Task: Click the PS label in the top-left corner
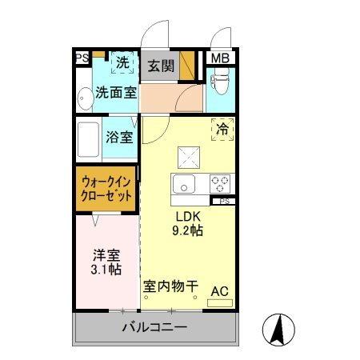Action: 81,58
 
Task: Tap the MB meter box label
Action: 217,58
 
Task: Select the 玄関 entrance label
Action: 161,65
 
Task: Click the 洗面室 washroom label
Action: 115,92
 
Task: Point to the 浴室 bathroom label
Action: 120,136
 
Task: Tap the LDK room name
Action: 188,215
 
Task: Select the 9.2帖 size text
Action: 189,230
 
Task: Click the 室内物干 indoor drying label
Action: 170,286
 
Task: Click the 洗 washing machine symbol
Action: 122,62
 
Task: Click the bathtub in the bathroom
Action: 90,137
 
